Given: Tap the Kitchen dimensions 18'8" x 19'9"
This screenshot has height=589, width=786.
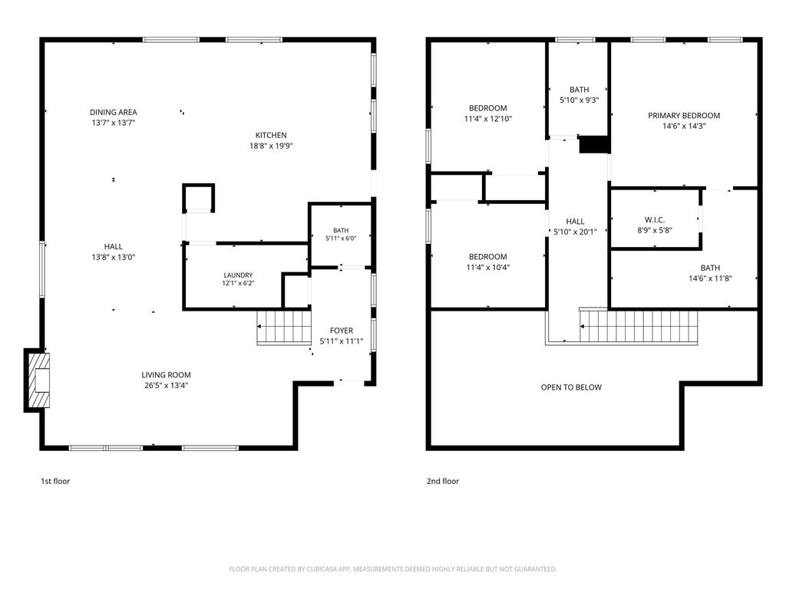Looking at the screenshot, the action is [x=271, y=146].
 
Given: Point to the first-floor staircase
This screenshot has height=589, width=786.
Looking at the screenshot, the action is [x=284, y=327].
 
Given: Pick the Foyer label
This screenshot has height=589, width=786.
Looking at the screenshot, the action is [x=342, y=331].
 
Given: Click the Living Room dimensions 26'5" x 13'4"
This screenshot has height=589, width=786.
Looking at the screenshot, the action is [x=166, y=386].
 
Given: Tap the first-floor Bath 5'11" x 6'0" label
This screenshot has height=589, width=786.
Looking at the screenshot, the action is [x=341, y=235].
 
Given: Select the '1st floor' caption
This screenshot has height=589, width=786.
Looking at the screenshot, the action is [x=55, y=482].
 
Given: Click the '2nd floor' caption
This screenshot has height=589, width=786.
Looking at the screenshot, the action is [x=443, y=482].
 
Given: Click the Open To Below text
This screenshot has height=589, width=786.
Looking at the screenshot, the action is [x=571, y=387].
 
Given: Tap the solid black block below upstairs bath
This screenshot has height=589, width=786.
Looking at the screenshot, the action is [x=594, y=144].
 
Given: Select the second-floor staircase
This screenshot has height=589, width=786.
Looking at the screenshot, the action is [x=638, y=326].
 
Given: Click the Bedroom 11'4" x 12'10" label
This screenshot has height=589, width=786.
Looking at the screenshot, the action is [x=487, y=114].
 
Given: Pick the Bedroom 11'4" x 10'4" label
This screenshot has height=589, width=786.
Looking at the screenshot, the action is [x=487, y=262].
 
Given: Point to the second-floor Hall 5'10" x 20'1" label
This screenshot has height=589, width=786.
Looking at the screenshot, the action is [x=575, y=226].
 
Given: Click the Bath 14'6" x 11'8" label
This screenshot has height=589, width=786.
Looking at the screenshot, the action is [x=710, y=273].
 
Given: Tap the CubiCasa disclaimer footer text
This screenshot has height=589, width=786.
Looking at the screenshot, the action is [x=393, y=569].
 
